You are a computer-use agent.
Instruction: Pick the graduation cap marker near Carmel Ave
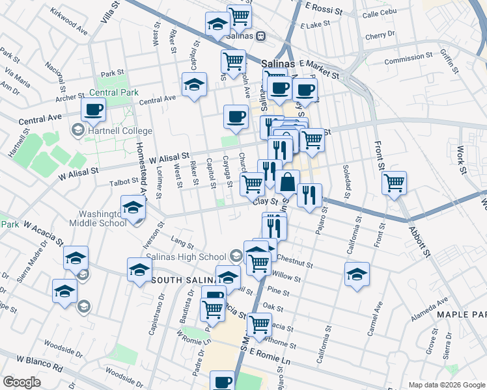tap(357, 274)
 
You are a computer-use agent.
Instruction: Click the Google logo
tap(22, 382)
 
